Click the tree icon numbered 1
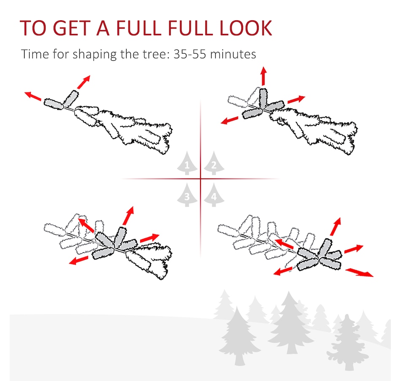[187, 163]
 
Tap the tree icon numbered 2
[214, 163]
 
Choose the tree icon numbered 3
[187, 195]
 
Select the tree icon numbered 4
[214, 195]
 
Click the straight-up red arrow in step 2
[264, 76]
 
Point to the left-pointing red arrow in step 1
[33, 96]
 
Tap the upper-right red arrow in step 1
[84, 82]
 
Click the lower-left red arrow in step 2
[229, 120]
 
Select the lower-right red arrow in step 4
[359, 272]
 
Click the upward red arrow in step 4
[335, 227]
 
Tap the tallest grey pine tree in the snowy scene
[290, 323]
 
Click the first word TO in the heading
[33, 28]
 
